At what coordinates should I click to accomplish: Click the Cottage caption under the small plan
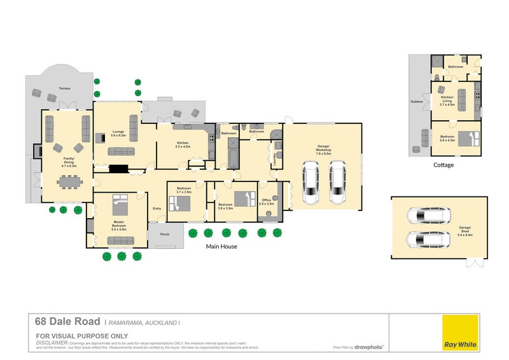[443, 165]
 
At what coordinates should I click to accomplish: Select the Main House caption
[221, 246]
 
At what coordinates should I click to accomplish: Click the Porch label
[164, 233]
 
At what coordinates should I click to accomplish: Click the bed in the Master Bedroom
[120, 205]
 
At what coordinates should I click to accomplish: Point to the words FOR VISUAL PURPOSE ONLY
[82, 336]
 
